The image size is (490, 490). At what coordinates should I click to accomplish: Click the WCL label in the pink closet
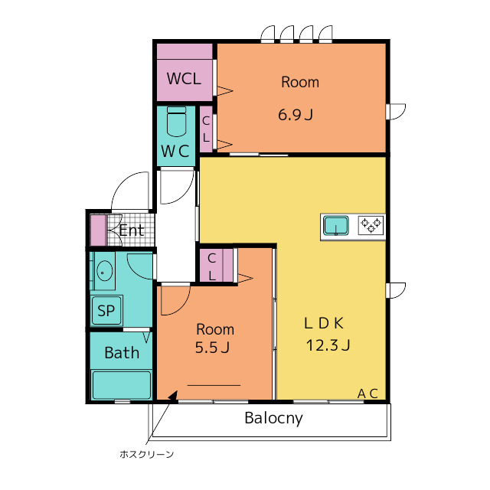(x=184, y=78)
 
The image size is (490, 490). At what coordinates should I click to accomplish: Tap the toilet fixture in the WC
(x=177, y=122)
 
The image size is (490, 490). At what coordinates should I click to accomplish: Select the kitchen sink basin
(x=336, y=225)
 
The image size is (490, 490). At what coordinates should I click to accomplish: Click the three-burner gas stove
(x=371, y=225)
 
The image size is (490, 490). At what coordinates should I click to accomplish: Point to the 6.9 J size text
(x=296, y=115)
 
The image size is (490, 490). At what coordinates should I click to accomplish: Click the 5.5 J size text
(x=212, y=347)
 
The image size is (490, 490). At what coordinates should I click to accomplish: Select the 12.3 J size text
(x=328, y=345)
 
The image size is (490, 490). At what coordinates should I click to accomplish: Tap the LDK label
(x=324, y=323)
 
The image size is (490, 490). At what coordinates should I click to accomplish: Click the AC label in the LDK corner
(x=367, y=394)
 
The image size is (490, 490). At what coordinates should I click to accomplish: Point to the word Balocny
(x=273, y=418)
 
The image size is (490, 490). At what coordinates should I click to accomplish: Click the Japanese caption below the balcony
(x=146, y=454)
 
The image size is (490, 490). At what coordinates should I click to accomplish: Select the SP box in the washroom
(x=106, y=310)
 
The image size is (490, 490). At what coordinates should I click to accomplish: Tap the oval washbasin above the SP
(x=105, y=272)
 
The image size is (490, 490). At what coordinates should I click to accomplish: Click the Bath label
(x=122, y=353)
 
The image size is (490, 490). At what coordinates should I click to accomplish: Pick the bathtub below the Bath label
(x=121, y=384)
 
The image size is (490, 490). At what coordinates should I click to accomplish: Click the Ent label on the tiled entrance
(x=131, y=230)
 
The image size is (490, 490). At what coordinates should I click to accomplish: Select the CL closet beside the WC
(x=206, y=129)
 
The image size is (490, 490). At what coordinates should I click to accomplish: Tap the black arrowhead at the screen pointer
(x=173, y=396)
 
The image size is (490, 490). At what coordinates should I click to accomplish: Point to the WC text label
(x=175, y=152)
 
